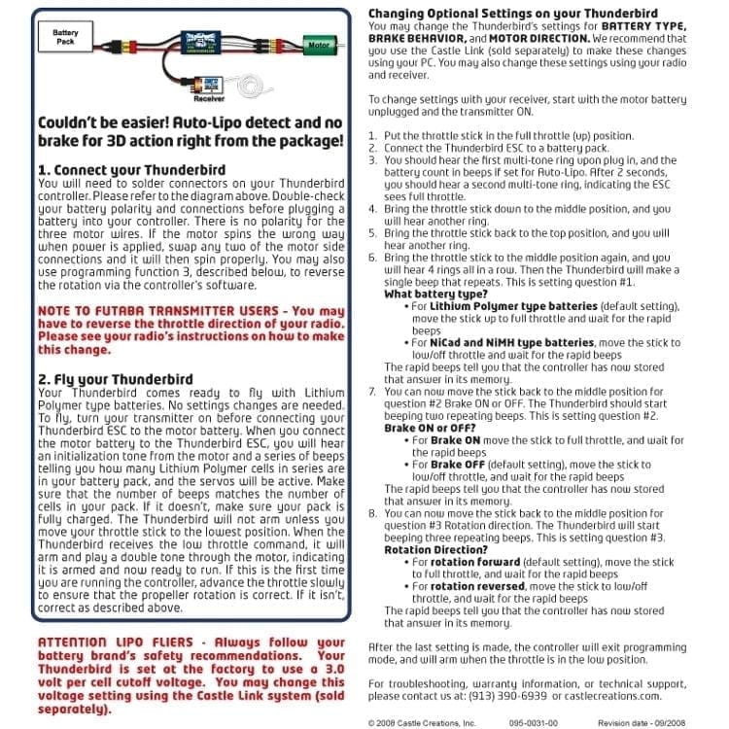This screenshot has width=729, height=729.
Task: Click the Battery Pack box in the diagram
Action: click(66, 38)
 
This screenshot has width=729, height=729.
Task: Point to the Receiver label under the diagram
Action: click(209, 98)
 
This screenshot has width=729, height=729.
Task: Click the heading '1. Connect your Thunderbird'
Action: click(131, 169)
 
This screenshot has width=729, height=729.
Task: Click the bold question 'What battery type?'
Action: click(435, 294)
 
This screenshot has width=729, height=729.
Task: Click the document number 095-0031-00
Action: click(527, 723)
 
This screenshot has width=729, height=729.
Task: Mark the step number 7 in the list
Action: click(373, 391)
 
